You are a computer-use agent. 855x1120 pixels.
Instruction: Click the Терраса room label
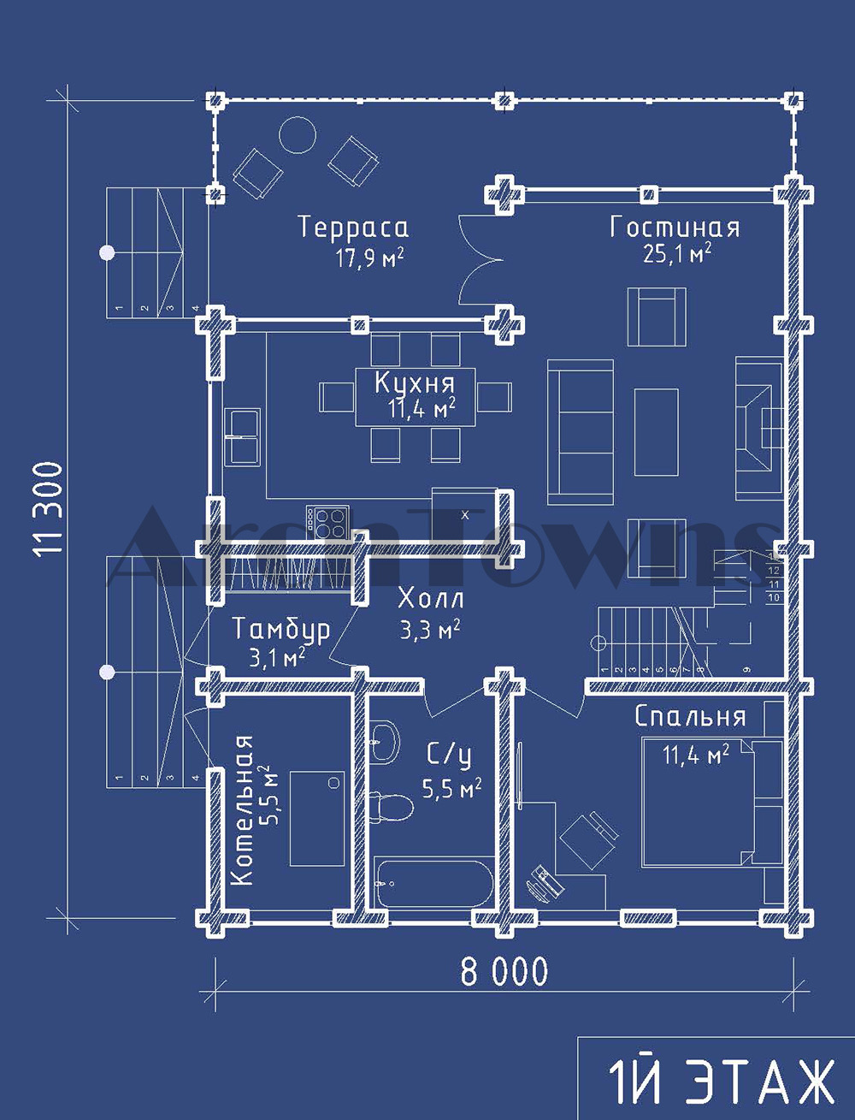coord(353,227)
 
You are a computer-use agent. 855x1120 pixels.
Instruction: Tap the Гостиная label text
coord(675,227)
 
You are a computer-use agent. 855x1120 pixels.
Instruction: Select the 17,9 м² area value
coord(369,258)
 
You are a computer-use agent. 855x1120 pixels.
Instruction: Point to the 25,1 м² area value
coord(677,253)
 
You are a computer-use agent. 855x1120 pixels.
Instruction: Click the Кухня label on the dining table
coord(415,382)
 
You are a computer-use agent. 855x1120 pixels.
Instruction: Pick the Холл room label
coord(431,598)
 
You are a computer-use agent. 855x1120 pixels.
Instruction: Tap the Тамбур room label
coord(281,630)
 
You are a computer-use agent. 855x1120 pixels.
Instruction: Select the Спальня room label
coord(690,717)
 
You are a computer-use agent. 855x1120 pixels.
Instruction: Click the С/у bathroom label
coord(449,756)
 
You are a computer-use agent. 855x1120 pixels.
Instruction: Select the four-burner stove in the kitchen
coord(327,521)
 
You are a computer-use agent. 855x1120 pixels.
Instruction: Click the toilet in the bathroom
coord(390,806)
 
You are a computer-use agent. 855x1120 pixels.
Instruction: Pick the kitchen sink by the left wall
coord(241,436)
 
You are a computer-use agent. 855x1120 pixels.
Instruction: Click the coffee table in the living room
coord(656,432)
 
